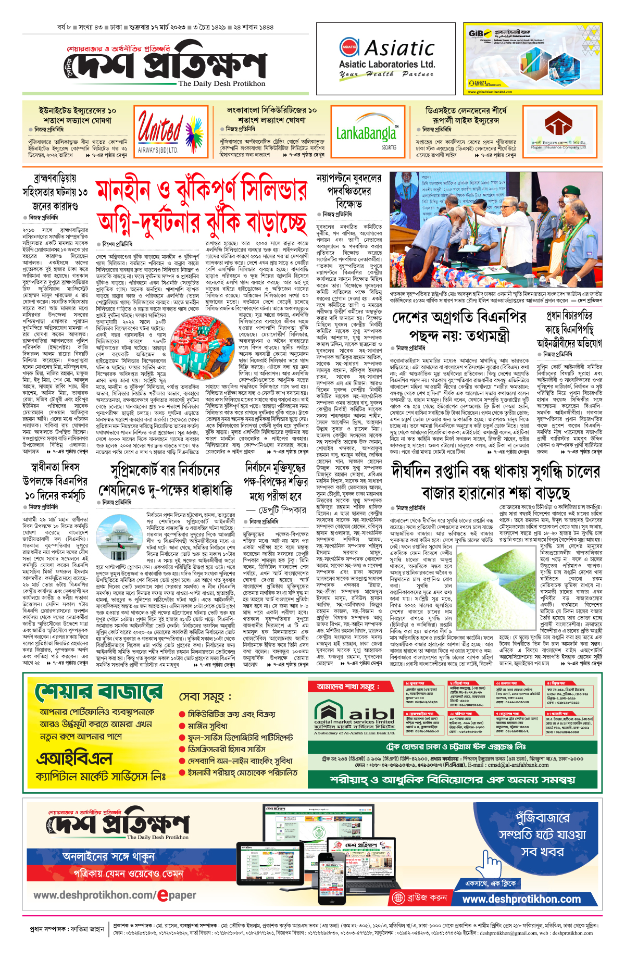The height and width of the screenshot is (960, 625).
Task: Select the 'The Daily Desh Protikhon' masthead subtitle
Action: (221, 83)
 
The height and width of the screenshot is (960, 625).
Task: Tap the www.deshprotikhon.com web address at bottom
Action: (521, 899)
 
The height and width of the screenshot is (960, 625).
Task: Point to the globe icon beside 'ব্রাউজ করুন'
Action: (399, 897)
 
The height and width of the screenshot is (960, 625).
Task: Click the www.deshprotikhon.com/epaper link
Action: (115, 895)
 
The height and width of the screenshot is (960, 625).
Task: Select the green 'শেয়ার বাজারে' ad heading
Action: (99, 693)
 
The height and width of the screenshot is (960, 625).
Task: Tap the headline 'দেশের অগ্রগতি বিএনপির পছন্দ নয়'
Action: (452, 326)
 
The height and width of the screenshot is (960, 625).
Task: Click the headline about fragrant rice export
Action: (495, 481)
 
